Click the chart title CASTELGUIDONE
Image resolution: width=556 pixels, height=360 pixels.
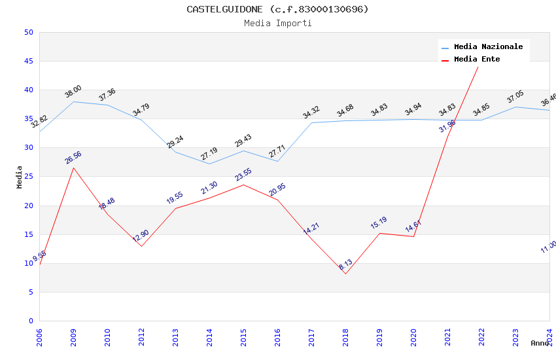277,9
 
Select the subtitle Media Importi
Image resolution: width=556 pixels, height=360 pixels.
277,23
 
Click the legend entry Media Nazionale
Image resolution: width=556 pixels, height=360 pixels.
488,47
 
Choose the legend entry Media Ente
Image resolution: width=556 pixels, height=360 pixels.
477,59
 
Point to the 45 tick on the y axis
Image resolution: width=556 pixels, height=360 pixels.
28,61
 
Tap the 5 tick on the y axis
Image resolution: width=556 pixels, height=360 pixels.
31,292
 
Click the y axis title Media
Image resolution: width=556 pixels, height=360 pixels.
20,177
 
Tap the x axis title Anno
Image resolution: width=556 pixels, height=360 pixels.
539,343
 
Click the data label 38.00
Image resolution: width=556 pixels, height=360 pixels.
73,92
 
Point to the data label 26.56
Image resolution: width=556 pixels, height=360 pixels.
73,158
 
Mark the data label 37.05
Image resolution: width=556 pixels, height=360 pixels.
515,98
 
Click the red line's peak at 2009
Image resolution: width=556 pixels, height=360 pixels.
73,168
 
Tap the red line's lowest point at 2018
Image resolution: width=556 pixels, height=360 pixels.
345,274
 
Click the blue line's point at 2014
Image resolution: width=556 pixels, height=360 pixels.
209,164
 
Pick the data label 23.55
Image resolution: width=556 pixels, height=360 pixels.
243,175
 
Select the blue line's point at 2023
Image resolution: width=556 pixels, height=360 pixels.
515,107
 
